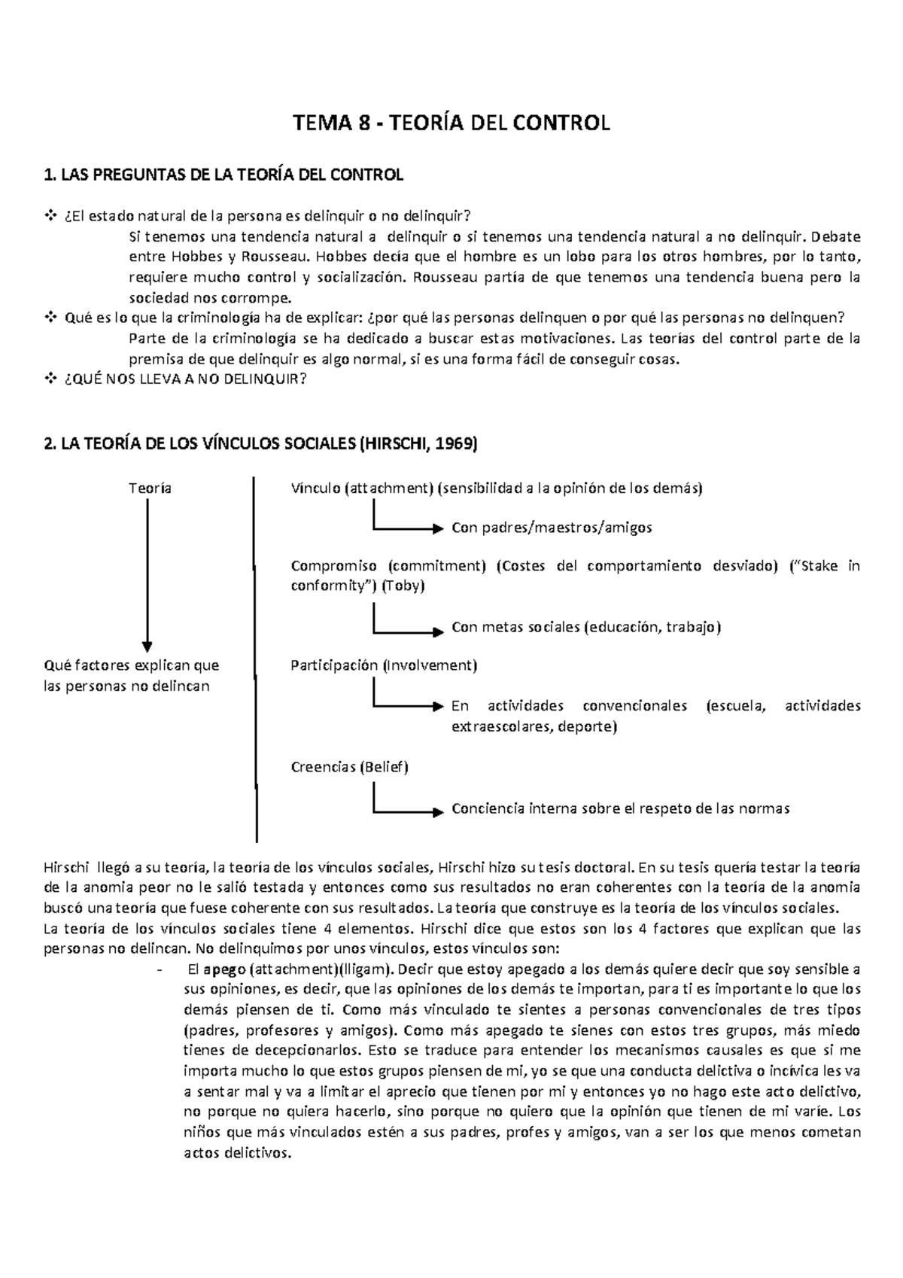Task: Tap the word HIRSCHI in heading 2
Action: (x=396, y=444)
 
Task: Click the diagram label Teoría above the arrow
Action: (x=150, y=488)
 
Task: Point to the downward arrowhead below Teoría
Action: (x=147, y=647)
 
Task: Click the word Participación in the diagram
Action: (x=334, y=665)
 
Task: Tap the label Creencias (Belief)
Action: (x=349, y=767)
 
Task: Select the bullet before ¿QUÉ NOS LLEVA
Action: (x=51, y=379)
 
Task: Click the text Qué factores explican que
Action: (x=132, y=665)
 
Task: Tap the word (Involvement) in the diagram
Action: (x=430, y=665)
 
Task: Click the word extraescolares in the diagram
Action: (x=500, y=726)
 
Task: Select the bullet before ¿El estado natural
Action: (x=51, y=217)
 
